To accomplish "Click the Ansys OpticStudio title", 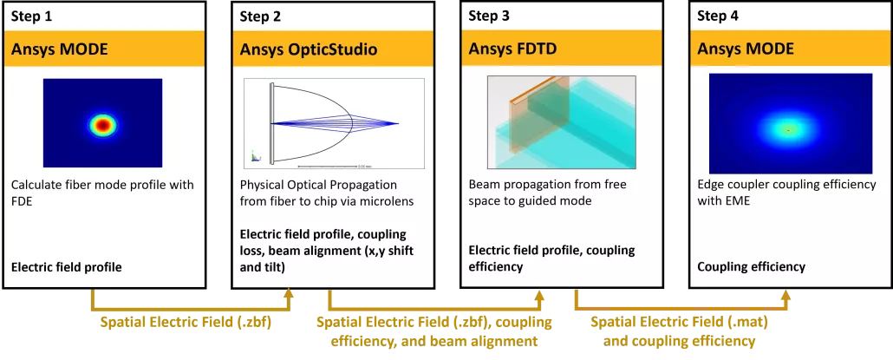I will (308, 49).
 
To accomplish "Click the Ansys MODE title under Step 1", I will (59, 49).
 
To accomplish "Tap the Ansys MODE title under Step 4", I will (746, 49).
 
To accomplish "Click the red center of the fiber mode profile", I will (103, 125).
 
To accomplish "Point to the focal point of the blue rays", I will (397, 123).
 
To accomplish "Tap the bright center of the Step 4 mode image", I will (788, 130).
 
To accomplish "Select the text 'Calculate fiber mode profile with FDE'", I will (102, 193).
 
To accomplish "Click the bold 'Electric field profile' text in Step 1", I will (66, 266).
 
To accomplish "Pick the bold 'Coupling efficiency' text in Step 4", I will (751, 266).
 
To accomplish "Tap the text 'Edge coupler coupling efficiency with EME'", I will (786, 193).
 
